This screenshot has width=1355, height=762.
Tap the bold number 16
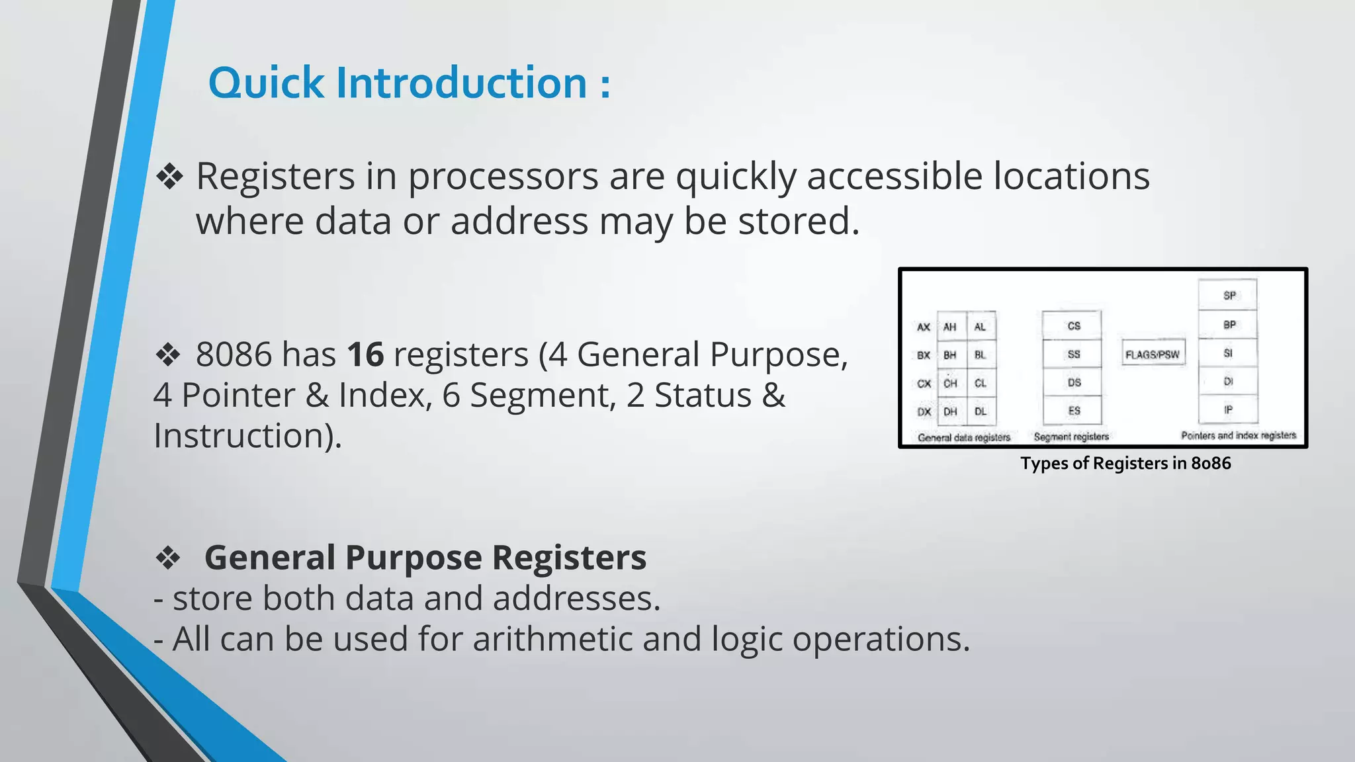[365, 355]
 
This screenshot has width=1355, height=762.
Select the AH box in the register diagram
[950, 327]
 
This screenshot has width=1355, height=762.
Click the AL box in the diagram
[980, 327]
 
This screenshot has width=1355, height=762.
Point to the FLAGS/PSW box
[1152, 355]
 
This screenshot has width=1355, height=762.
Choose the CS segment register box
[1073, 325]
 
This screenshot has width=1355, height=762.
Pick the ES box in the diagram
[1073, 411]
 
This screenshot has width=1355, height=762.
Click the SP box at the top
[1229, 295]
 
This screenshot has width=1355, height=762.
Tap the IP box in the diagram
[1229, 409]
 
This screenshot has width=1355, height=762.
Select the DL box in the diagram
[980, 411]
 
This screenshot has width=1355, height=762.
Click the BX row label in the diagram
[924, 355]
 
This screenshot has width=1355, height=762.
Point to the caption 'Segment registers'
[1071, 437]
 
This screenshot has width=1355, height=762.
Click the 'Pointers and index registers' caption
[1238, 435]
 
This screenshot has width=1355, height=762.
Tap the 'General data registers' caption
[964, 437]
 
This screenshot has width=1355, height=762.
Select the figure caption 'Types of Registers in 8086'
[1125, 463]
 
